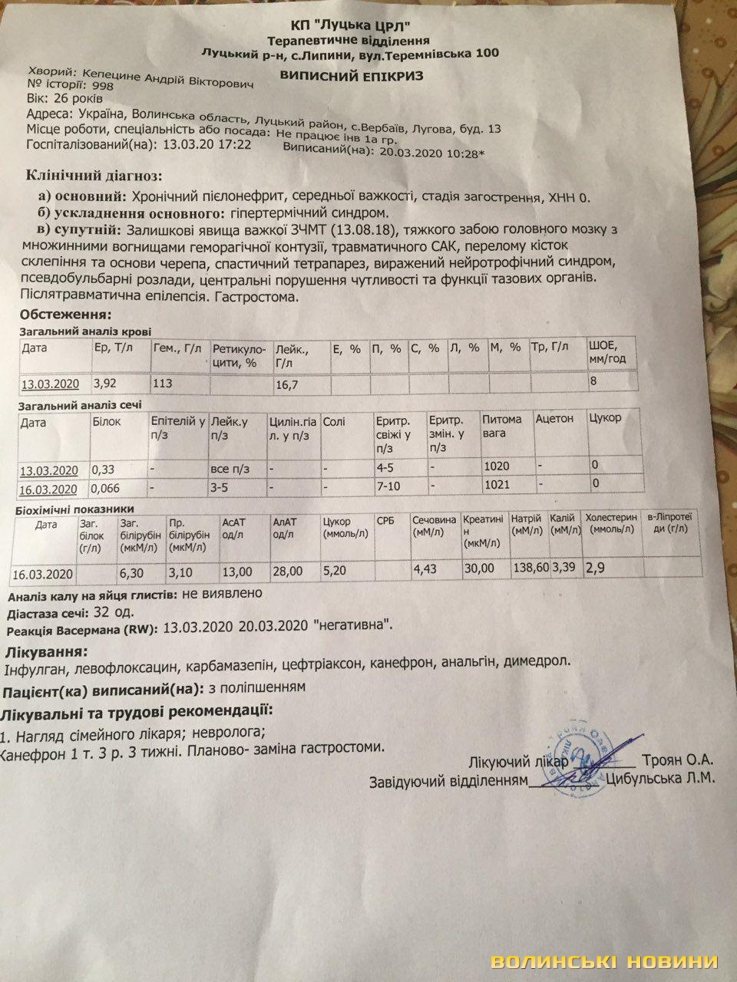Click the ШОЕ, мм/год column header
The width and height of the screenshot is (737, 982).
pyautogui.click(x=612, y=352)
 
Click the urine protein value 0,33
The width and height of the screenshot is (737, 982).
pyautogui.click(x=105, y=468)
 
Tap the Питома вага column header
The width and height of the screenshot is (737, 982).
pyautogui.click(x=502, y=427)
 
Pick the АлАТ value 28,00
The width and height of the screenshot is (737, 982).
pyautogui.click(x=289, y=572)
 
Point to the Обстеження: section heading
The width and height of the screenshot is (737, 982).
pyautogui.click(x=65, y=315)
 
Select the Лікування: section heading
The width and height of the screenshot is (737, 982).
pyautogui.click(x=45, y=652)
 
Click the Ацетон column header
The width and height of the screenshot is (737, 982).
pyautogui.click(x=554, y=419)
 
